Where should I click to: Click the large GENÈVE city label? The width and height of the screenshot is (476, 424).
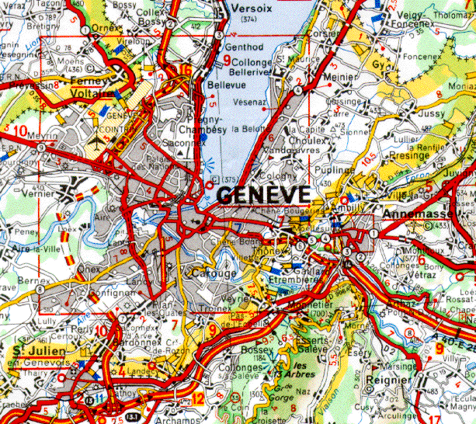pos(263,195)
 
